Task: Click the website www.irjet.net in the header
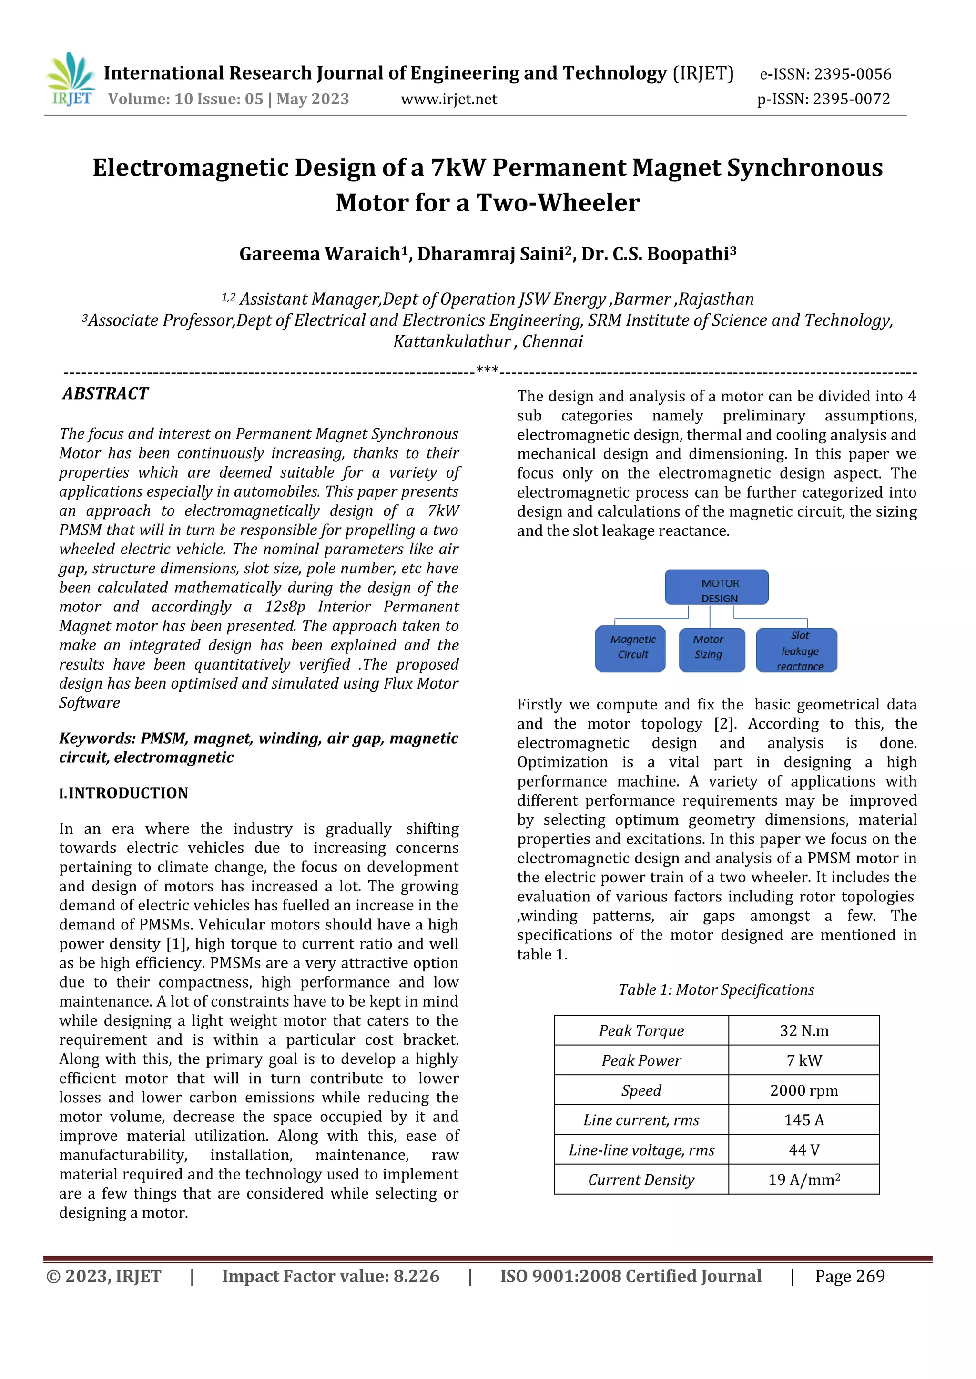pyautogui.click(x=448, y=99)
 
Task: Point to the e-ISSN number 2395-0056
pyautogui.click(x=852, y=74)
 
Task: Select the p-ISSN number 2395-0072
pyautogui.click(x=851, y=99)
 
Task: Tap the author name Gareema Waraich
pyautogui.click(x=320, y=254)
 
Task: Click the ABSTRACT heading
pyautogui.click(x=106, y=393)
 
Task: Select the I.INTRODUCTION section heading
pyautogui.click(x=124, y=793)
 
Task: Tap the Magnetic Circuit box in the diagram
pyautogui.click(x=630, y=650)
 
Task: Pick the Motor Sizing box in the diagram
pyautogui.click(x=712, y=650)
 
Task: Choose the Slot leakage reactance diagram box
pyautogui.click(x=796, y=650)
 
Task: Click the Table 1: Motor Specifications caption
pyautogui.click(x=716, y=990)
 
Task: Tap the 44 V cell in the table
pyautogui.click(x=804, y=1149)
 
